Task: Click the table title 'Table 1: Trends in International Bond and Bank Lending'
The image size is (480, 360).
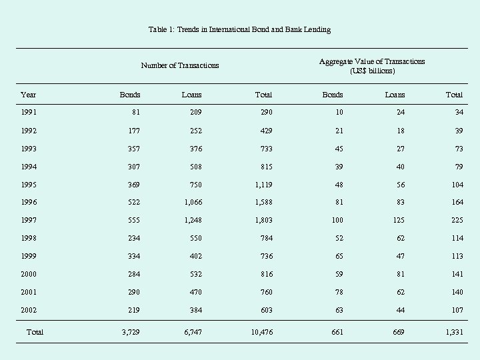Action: tap(239, 29)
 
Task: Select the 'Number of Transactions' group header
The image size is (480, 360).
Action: tap(180, 65)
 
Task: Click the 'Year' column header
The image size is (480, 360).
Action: tap(28, 95)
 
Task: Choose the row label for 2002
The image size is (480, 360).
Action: tap(29, 311)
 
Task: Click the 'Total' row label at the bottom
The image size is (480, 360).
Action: tap(35, 331)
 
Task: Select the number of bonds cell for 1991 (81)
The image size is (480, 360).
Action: tap(135, 113)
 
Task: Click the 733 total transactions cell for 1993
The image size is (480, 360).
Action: tap(265, 149)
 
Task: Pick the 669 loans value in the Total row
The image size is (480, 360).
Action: tap(398, 332)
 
